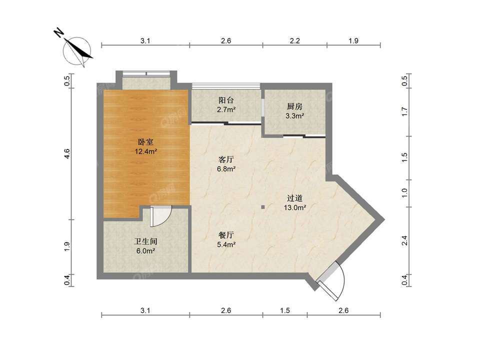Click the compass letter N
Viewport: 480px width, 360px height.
pyautogui.click(x=58, y=32)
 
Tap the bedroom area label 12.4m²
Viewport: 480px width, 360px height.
pyautogui.click(x=146, y=151)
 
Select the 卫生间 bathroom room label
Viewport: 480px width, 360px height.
pyautogui.click(x=145, y=241)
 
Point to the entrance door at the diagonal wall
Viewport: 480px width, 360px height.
pyautogui.click(x=330, y=280)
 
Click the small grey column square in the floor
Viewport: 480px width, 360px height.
pyautogui.click(x=262, y=207)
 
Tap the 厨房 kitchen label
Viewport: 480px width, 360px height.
pyautogui.click(x=294, y=106)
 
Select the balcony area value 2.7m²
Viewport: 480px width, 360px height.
pyautogui.click(x=226, y=109)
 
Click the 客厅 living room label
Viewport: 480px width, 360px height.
pyautogui.click(x=226, y=159)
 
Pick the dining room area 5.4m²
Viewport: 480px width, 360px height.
pyautogui.click(x=226, y=244)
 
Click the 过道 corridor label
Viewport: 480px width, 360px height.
pyautogui.click(x=294, y=198)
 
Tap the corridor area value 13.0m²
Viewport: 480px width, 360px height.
pyautogui.click(x=295, y=207)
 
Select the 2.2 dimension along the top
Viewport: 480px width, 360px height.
pyautogui.click(x=294, y=40)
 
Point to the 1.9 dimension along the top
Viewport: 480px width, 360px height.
pyautogui.click(x=353, y=40)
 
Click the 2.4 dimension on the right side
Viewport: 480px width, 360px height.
pyautogui.click(x=404, y=240)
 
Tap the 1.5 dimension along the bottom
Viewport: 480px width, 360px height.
pyautogui.click(x=284, y=310)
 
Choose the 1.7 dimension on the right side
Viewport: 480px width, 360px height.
pyautogui.click(x=404, y=111)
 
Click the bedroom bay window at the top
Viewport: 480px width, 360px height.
pyautogui.click(x=146, y=74)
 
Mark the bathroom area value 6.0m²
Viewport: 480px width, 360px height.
pyautogui.click(x=145, y=251)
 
